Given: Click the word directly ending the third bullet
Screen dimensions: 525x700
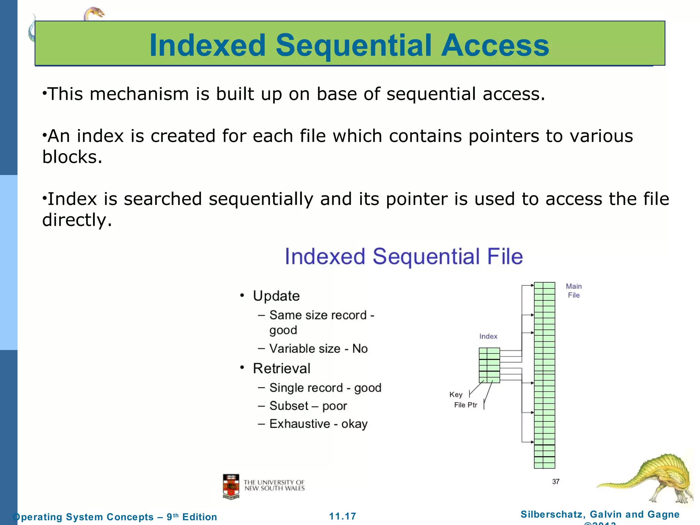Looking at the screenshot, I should coord(77,220).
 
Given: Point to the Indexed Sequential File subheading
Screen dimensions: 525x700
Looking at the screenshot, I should coord(404,256).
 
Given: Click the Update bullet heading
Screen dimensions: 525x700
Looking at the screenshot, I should coord(276,296).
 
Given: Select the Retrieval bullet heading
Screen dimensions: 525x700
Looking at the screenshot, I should coord(281,368).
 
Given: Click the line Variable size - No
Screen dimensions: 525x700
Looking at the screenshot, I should coord(318,349).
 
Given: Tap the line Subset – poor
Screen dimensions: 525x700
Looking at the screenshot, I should coord(308,406).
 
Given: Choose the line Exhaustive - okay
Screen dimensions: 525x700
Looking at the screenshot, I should coord(318,424).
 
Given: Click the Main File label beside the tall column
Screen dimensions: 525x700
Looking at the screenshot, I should coord(574,291).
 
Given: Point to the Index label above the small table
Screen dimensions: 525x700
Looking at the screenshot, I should coord(488,336).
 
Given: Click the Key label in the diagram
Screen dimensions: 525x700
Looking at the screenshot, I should coord(456,394).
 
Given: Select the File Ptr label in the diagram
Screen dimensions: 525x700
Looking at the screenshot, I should coord(466,405).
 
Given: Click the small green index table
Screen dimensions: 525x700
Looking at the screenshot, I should coord(489,365).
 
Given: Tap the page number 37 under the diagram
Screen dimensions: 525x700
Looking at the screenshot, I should coord(556,482).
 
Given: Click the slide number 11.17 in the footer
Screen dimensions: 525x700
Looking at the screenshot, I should coord(342,516).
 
